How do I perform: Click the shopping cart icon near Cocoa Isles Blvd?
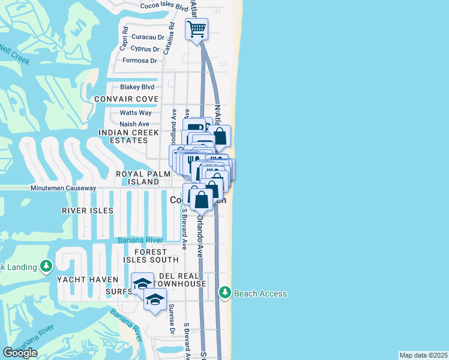click(x=196, y=29)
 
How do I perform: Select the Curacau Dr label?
click(x=148, y=37)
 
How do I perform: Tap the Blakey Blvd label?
click(x=139, y=86)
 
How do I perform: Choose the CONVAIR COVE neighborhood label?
click(x=126, y=99)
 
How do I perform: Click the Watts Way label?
click(x=136, y=112)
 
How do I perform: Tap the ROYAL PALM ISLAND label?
click(x=137, y=178)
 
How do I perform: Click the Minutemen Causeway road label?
click(x=64, y=188)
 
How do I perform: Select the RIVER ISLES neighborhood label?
click(x=88, y=211)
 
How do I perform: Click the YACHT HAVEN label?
click(x=83, y=280)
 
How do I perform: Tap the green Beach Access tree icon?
click(x=225, y=293)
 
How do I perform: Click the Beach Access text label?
click(x=260, y=293)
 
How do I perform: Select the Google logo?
click(x=20, y=353)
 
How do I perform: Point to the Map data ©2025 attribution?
click(x=424, y=355)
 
